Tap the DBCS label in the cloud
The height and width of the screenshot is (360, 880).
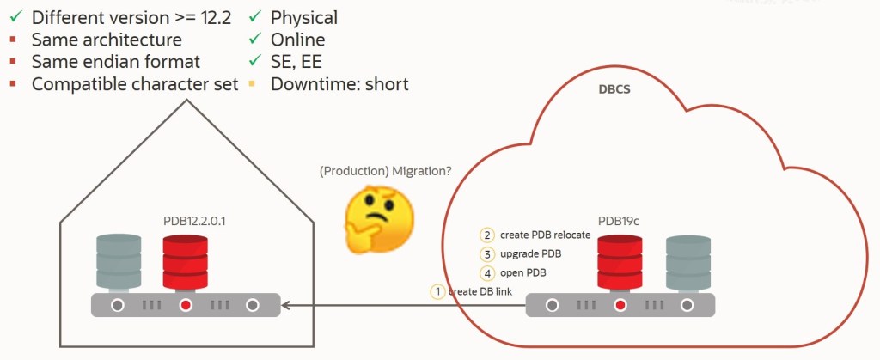click(614, 89)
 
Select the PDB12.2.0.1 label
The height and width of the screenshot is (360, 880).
click(200, 221)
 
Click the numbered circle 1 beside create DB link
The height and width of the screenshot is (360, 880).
click(438, 291)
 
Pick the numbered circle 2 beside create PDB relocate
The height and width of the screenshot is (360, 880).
click(487, 235)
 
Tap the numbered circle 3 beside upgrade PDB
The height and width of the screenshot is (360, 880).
click(487, 254)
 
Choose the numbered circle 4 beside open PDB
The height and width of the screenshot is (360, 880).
click(487, 273)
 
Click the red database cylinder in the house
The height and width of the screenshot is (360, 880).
click(186, 262)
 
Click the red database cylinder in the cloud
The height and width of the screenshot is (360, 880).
click(620, 262)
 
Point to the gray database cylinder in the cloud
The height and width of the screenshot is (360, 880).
click(687, 262)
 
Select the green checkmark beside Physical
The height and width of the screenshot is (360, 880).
click(255, 17)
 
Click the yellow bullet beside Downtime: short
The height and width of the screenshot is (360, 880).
click(255, 84)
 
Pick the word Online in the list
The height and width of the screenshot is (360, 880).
click(297, 40)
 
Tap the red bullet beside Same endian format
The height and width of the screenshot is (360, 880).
click(14, 62)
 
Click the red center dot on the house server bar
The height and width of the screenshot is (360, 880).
click(186, 305)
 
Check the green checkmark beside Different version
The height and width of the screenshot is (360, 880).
click(15, 17)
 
